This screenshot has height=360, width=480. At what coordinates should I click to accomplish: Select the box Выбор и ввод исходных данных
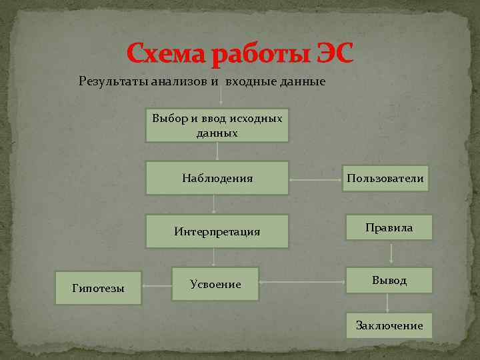click(217, 125)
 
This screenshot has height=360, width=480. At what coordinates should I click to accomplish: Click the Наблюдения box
click(217, 178)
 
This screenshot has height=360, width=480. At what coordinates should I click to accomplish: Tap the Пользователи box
click(385, 178)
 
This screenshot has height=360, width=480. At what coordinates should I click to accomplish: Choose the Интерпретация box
click(217, 231)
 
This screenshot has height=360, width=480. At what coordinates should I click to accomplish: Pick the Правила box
click(389, 228)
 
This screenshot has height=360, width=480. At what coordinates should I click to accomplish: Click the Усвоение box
click(215, 284)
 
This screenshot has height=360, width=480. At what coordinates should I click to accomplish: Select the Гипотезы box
click(98, 288)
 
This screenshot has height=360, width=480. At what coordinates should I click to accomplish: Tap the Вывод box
click(389, 281)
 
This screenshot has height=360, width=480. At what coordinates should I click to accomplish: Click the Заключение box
click(389, 325)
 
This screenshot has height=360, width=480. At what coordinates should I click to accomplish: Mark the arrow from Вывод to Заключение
click(388, 303)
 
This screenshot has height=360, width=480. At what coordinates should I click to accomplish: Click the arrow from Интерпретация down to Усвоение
click(213, 257)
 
